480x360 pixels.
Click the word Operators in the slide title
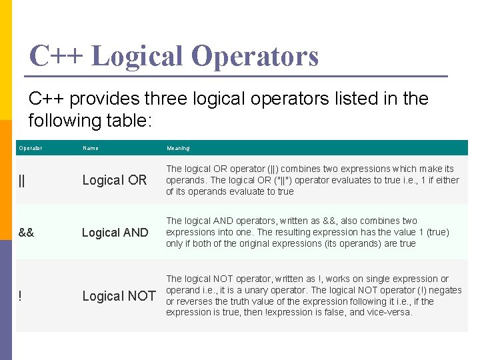pyautogui.click(x=255, y=56)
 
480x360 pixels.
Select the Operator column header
pyautogui.click(x=31, y=148)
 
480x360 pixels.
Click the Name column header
pyautogui.click(x=90, y=148)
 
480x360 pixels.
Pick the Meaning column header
pyautogui.click(x=178, y=148)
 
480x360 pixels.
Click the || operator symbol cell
pyautogui.click(x=23, y=180)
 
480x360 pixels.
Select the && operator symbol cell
pyautogui.click(x=27, y=232)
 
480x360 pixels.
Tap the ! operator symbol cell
pyautogui.click(x=21, y=296)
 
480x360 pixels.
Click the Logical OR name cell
pyautogui.click(x=114, y=180)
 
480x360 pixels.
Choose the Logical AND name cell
pyautogui.click(x=115, y=232)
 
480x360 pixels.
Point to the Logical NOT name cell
pyautogui.click(x=119, y=296)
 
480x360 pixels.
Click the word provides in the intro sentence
pyautogui.click(x=105, y=99)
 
